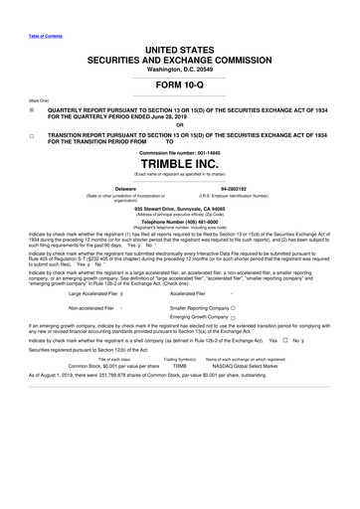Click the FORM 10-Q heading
point(179,87)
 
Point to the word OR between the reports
point(179,124)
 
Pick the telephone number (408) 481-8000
point(179,223)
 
